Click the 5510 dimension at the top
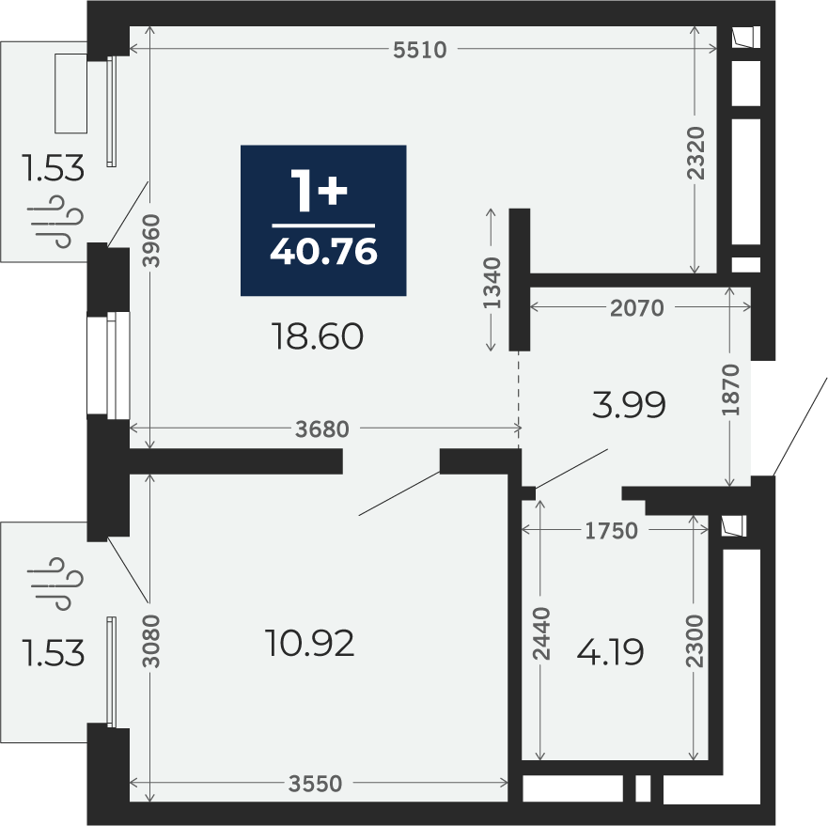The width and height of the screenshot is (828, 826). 420,50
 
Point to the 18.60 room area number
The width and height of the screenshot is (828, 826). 317,336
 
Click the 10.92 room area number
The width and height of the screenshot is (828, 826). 310,644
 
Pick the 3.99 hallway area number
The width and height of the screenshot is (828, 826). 629,405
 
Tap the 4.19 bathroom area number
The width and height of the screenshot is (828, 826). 610,652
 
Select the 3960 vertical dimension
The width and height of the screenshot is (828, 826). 151,241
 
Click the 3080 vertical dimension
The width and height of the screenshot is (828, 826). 151,641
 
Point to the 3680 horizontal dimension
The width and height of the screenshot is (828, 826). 322,429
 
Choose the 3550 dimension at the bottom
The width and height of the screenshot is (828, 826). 315,783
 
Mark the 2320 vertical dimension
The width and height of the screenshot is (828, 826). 696,153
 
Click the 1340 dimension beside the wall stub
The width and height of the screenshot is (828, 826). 492,283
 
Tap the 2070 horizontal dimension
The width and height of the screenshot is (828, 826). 637,308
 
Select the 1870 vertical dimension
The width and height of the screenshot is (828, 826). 731,389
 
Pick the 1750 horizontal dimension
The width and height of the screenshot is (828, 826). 612,530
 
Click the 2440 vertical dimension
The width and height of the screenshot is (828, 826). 541,634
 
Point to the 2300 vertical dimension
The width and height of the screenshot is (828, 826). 695,641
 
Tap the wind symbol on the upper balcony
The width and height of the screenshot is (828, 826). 55,221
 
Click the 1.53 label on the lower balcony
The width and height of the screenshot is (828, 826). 53,653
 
